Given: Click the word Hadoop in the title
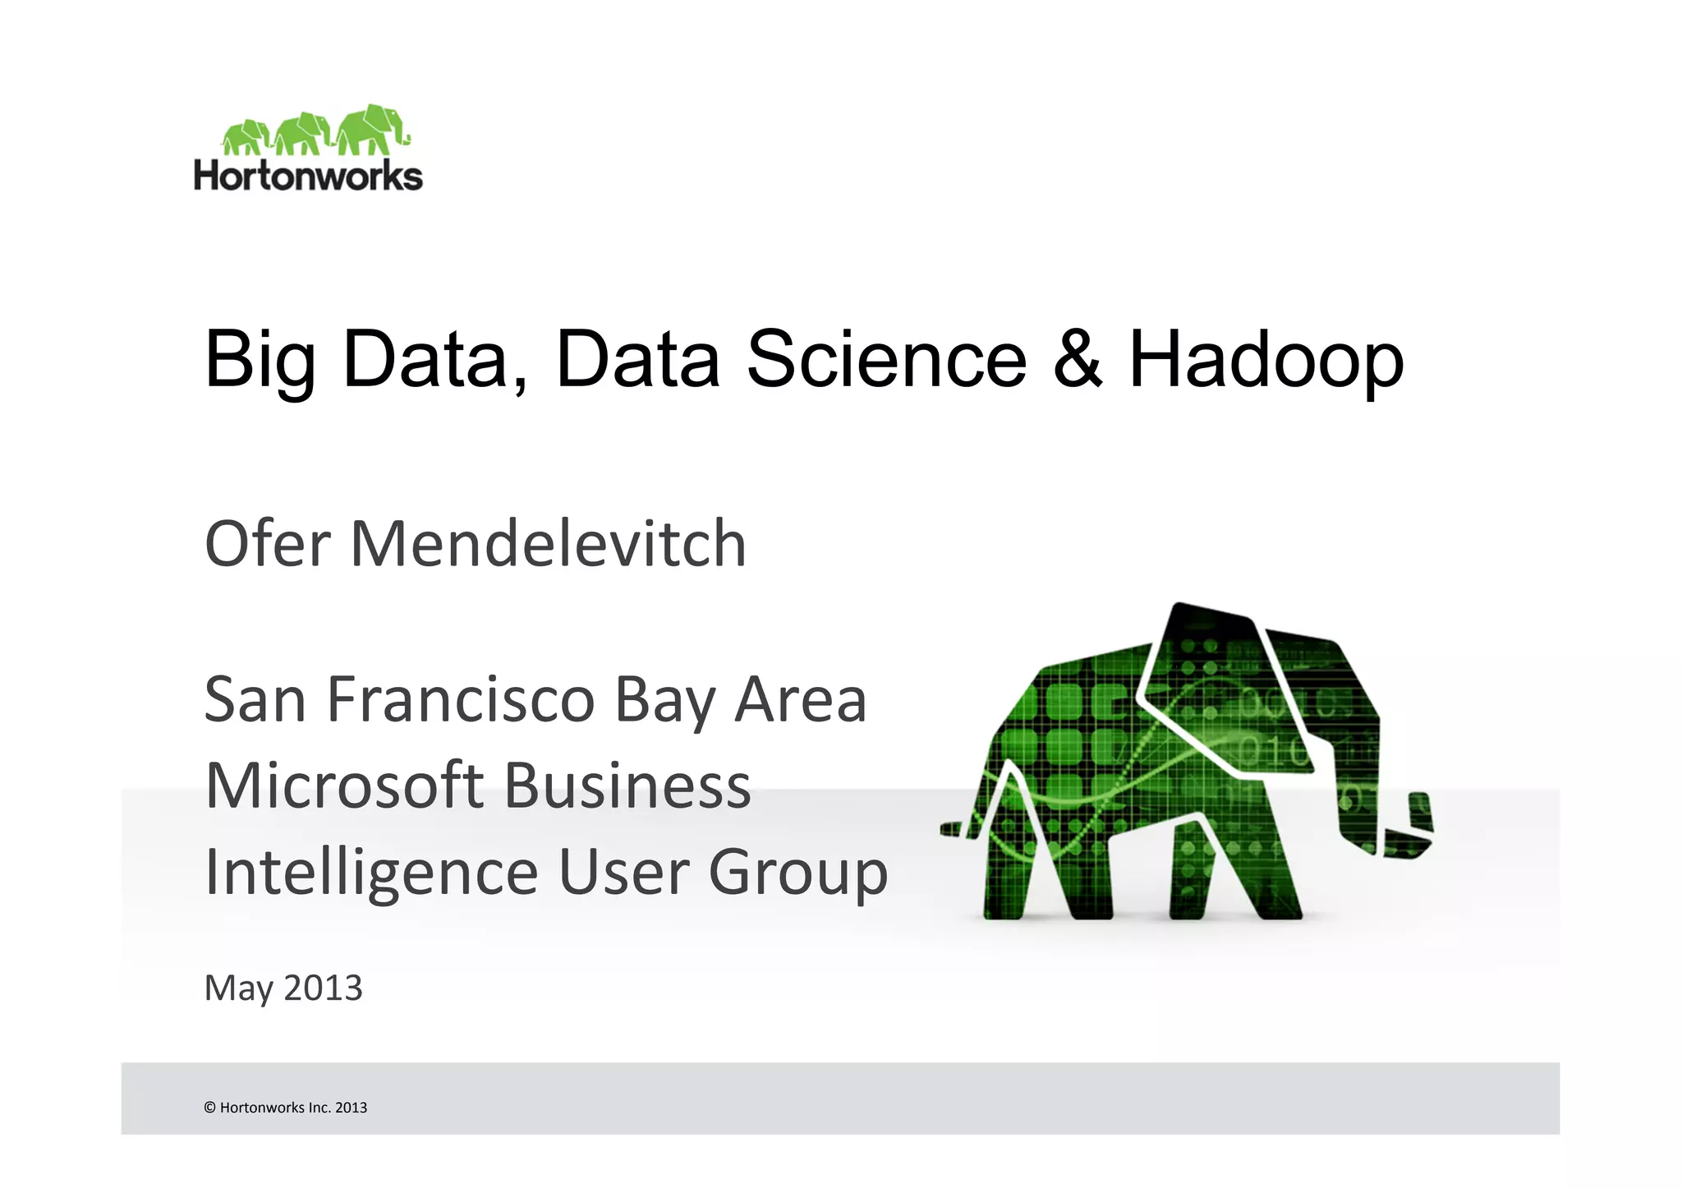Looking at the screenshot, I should (x=1266, y=360).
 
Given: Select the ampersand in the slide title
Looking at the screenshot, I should (x=1077, y=358).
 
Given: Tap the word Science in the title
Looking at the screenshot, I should (x=886, y=358).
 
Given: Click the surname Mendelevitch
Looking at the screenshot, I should (x=548, y=543).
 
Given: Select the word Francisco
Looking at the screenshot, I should (x=460, y=700).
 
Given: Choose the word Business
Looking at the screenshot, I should (x=627, y=786).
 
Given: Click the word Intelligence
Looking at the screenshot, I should (x=370, y=873).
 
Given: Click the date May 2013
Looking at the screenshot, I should (x=283, y=989).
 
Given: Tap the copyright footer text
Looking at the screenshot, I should (x=285, y=1108).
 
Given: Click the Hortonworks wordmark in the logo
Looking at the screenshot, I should (x=308, y=176).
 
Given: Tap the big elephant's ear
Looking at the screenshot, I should (x=1224, y=690).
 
